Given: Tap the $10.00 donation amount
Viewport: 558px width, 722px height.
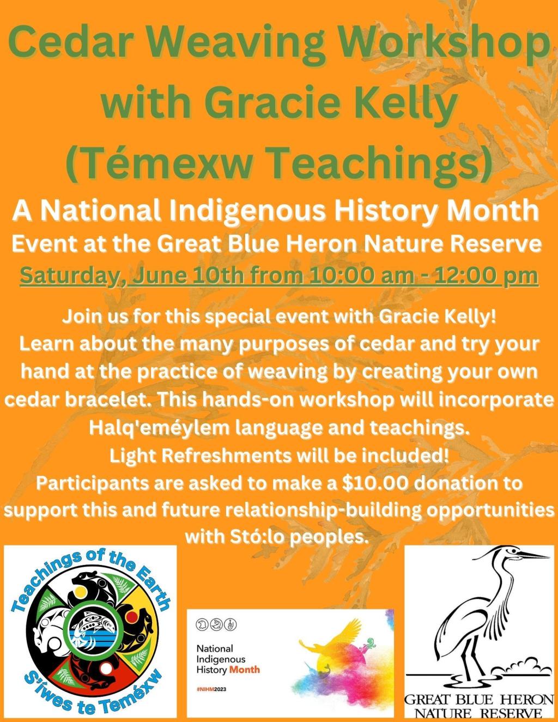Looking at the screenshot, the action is pyautogui.click(x=375, y=483).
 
